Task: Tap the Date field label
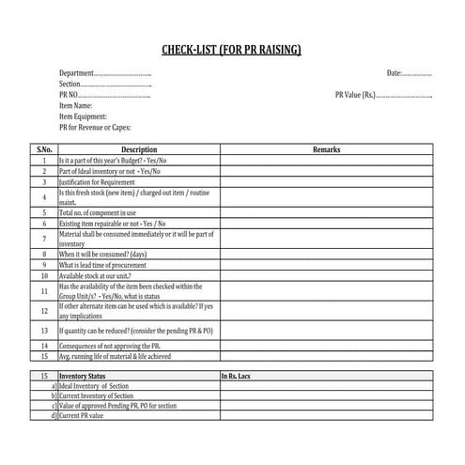click(394, 73)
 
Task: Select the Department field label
click(77, 73)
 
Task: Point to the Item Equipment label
click(83, 116)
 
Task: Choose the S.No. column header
click(44, 149)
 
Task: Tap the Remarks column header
click(326, 149)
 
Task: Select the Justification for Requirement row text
click(98, 181)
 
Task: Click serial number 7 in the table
click(44, 239)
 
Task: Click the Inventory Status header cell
click(84, 376)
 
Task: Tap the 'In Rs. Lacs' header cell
click(240, 376)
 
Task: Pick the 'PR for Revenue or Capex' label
click(95, 127)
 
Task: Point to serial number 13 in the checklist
click(44, 331)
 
